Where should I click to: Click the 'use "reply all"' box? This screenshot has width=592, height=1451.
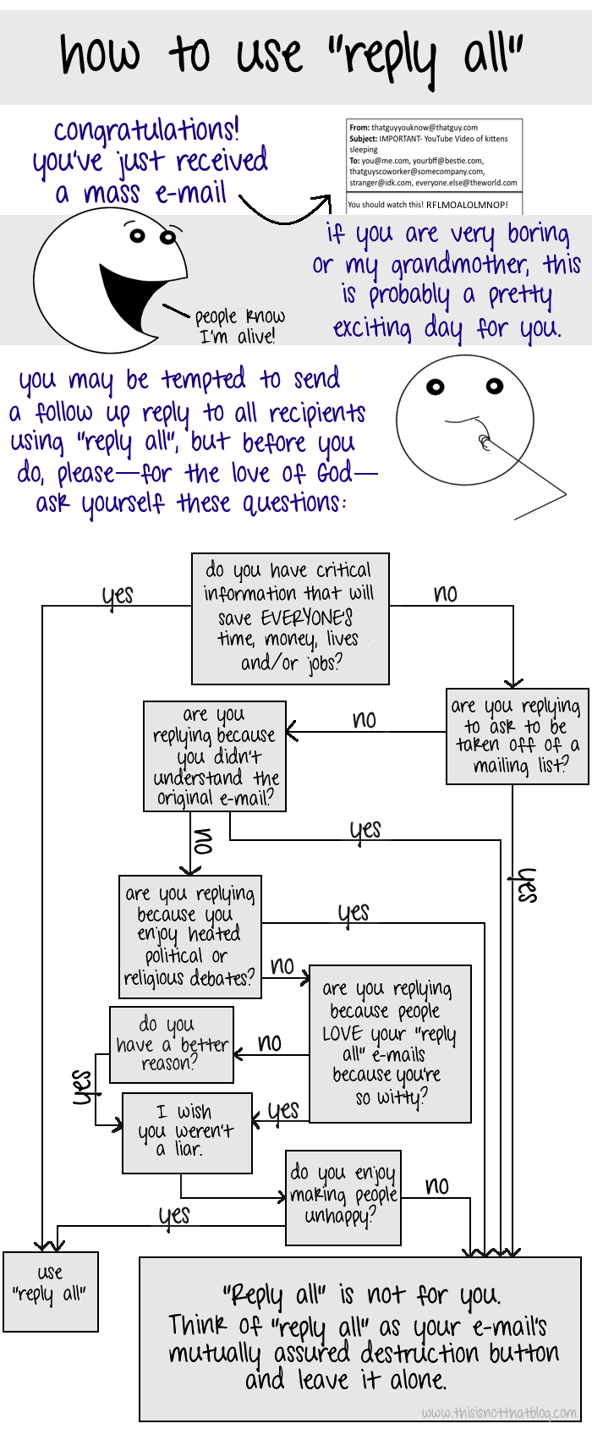pyautogui.click(x=51, y=1291)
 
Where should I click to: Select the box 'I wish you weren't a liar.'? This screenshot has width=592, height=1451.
pyautogui.click(x=187, y=1133)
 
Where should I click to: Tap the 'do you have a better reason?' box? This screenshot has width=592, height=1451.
pyautogui.click(x=172, y=1044)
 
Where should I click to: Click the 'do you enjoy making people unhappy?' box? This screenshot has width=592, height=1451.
pyautogui.click(x=343, y=1197)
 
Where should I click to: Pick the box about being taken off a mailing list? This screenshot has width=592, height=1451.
pyautogui.click(x=517, y=736)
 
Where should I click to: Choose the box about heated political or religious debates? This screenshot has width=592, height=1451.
pyautogui.click(x=190, y=936)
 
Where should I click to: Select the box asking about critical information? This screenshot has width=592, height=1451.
pyautogui.click(x=290, y=618)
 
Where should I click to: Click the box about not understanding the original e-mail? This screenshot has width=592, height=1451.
pyautogui.click(x=215, y=756)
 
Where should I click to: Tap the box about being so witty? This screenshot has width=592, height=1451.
pyautogui.click(x=390, y=1044)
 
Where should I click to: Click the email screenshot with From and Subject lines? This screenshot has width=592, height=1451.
pyautogui.click(x=434, y=166)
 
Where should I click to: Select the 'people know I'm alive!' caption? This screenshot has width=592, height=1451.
pyautogui.click(x=239, y=326)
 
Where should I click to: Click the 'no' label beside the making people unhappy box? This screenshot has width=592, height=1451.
pyautogui.click(x=436, y=1186)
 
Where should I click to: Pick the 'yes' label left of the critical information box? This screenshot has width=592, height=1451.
pyautogui.click(x=118, y=596)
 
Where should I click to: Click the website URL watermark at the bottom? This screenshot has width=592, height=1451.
pyautogui.click(x=499, y=1412)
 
